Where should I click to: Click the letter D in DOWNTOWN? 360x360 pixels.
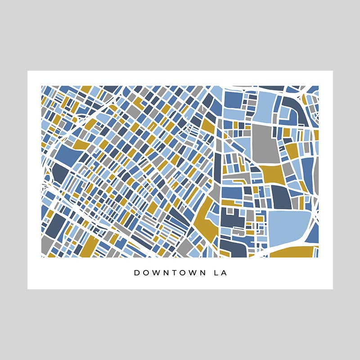(x=137, y=273)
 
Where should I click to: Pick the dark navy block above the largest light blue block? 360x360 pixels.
(x=281, y=197)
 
